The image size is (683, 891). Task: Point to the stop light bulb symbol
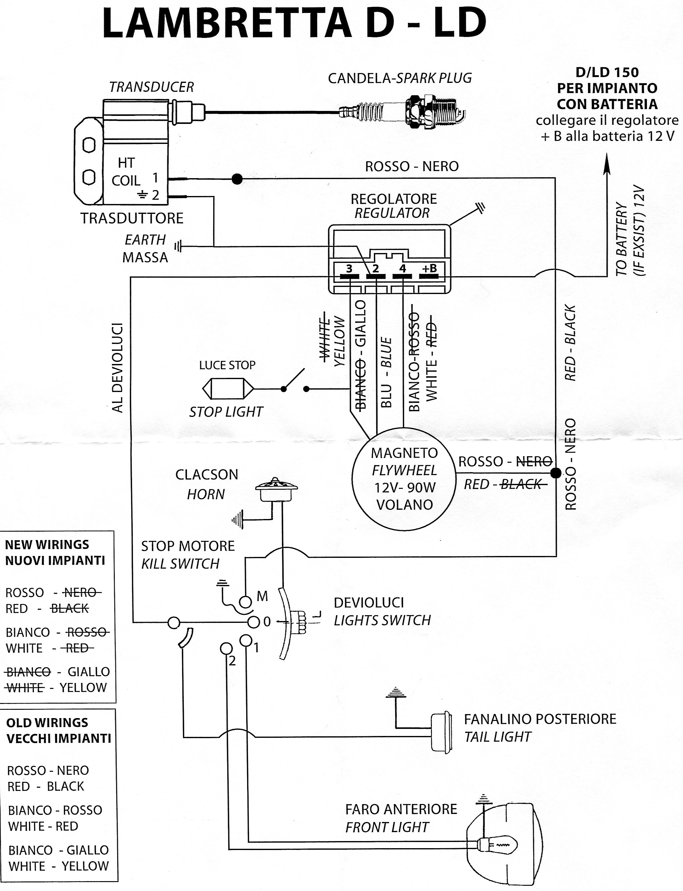click(228, 389)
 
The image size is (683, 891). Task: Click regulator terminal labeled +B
click(429, 276)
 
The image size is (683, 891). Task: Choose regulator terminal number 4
click(403, 276)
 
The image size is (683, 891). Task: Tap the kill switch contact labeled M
click(245, 601)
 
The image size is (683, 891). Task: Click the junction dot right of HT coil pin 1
click(237, 179)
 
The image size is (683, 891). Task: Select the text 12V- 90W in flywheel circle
click(405, 487)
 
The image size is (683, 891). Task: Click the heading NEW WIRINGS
click(47, 544)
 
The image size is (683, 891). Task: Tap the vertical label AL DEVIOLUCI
click(117, 368)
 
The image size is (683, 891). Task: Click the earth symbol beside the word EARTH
click(178, 246)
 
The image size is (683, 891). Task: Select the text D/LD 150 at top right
click(607, 72)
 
